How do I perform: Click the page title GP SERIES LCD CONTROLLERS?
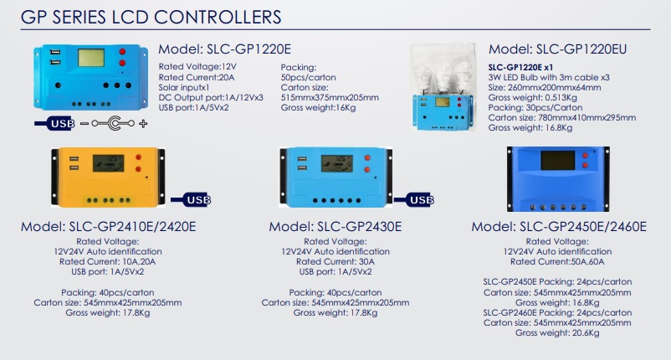click(x=151, y=17)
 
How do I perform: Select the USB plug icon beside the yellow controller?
click(x=191, y=200)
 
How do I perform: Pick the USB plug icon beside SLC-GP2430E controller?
click(x=420, y=200)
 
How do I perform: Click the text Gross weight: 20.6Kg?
click(x=557, y=333)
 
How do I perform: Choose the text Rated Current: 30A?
click(x=335, y=260)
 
